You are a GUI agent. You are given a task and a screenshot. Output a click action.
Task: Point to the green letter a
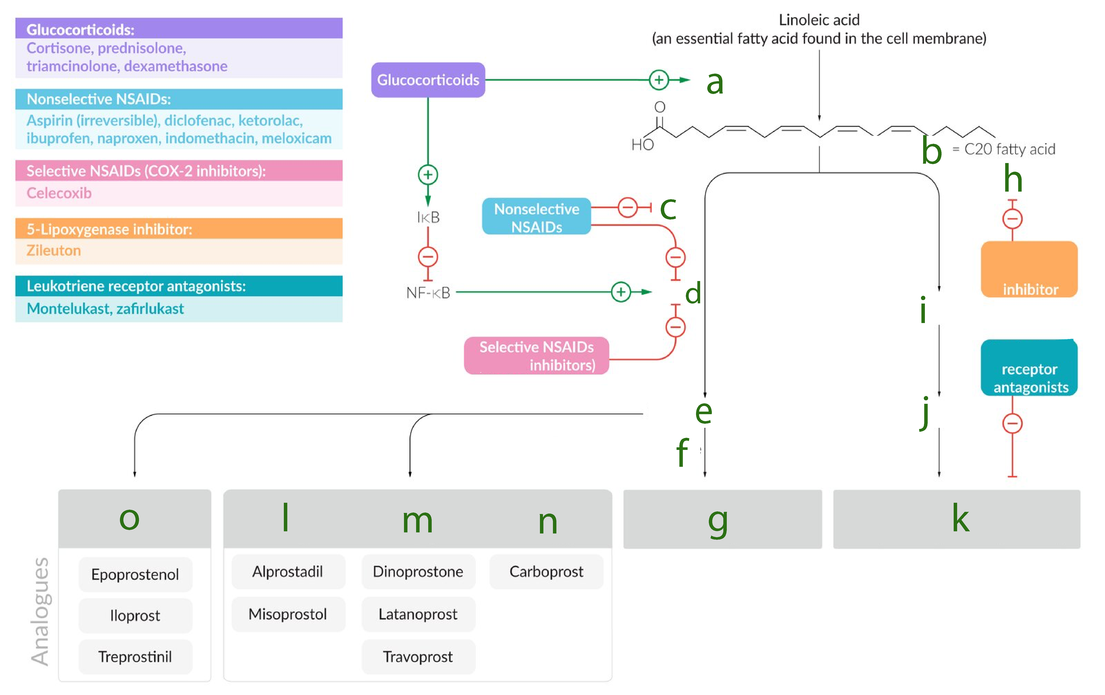[x=714, y=83]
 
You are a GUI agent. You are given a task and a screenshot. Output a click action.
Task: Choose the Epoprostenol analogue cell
[x=135, y=574]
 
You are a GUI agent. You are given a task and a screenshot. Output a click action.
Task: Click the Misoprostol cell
[x=288, y=614]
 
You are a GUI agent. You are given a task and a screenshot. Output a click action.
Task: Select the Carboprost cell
[x=546, y=572]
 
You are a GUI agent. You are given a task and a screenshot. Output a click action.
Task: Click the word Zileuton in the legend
[x=54, y=251]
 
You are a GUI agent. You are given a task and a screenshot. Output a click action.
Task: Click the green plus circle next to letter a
[x=659, y=80]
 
